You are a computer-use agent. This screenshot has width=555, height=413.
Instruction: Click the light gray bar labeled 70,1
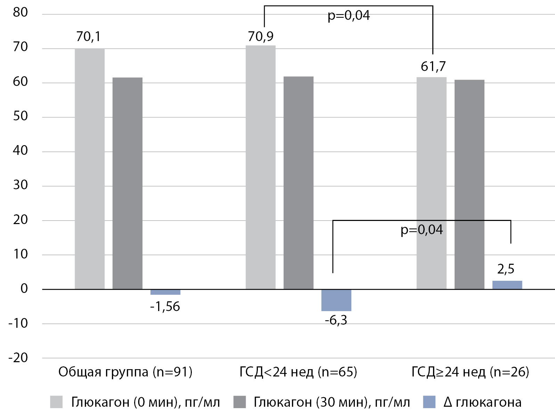click(90, 169)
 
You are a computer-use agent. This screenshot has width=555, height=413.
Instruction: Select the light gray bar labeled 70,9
click(261, 167)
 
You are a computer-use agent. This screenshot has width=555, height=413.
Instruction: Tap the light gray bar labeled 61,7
click(431, 183)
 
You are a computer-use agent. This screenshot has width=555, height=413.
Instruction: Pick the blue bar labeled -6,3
click(336, 300)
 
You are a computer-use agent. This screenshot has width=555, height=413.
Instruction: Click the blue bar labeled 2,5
click(507, 285)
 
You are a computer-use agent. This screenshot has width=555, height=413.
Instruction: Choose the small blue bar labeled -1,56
click(165, 292)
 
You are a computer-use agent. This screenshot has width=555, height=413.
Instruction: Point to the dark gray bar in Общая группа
click(127, 183)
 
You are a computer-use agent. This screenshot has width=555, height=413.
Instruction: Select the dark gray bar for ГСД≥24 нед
click(470, 185)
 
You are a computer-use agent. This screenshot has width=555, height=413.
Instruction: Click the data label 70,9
click(261, 36)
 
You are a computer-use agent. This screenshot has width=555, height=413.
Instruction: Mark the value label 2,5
click(506, 269)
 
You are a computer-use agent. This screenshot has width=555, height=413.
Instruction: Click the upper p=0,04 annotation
click(349, 16)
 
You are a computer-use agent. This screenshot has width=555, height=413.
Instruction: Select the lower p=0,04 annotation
click(422, 230)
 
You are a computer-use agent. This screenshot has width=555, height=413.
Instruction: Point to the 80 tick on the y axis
click(20, 12)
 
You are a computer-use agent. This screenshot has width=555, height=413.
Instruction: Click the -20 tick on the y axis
click(18, 358)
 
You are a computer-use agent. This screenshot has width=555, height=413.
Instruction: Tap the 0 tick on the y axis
click(24, 289)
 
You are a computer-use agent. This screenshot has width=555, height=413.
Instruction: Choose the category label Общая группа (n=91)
click(125, 372)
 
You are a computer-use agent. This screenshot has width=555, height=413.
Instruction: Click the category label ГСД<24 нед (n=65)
click(298, 372)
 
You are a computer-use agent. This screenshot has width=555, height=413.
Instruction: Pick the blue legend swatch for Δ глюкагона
click(429, 402)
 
